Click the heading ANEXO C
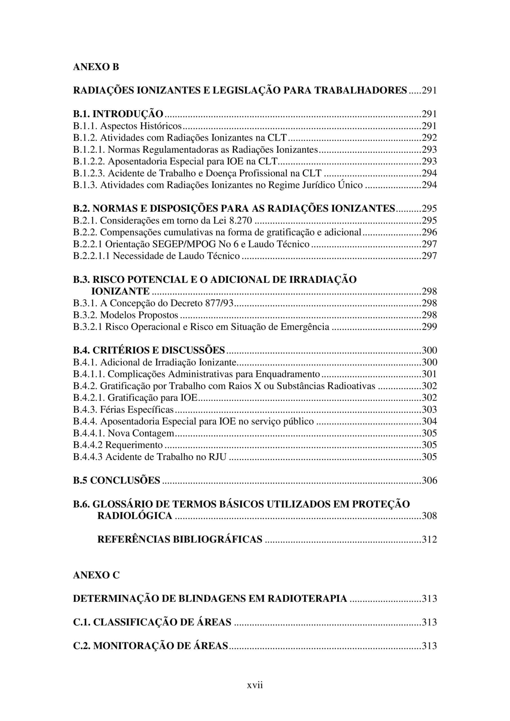click(x=96, y=575)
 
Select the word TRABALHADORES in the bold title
click(x=360, y=90)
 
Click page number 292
click(x=429, y=137)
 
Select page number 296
click(x=429, y=232)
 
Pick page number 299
click(x=429, y=327)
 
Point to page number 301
click(x=429, y=374)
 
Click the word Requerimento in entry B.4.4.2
click(x=134, y=445)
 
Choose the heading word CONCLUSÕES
click(x=125, y=480)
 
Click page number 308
click(x=429, y=516)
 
